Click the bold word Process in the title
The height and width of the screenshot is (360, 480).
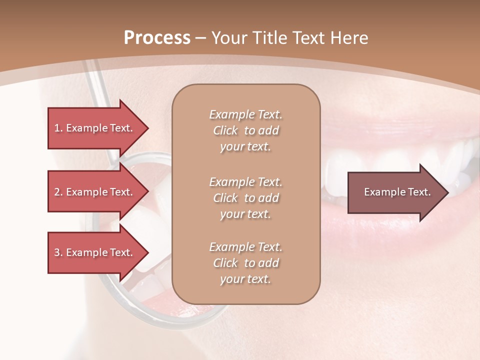pyautogui.click(x=157, y=38)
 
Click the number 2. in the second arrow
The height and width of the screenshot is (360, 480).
pyautogui.click(x=58, y=192)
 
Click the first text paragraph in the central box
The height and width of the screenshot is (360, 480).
pyautogui.click(x=245, y=130)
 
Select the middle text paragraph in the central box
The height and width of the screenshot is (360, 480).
pyautogui.click(x=245, y=198)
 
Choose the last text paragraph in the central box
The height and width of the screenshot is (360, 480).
pyautogui.click(x=245, y=263)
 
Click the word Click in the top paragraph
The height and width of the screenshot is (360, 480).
pyautogui.click(x=225, y=130)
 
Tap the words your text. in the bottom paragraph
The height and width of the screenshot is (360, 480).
pyautogui.click(x=245, y=279)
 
